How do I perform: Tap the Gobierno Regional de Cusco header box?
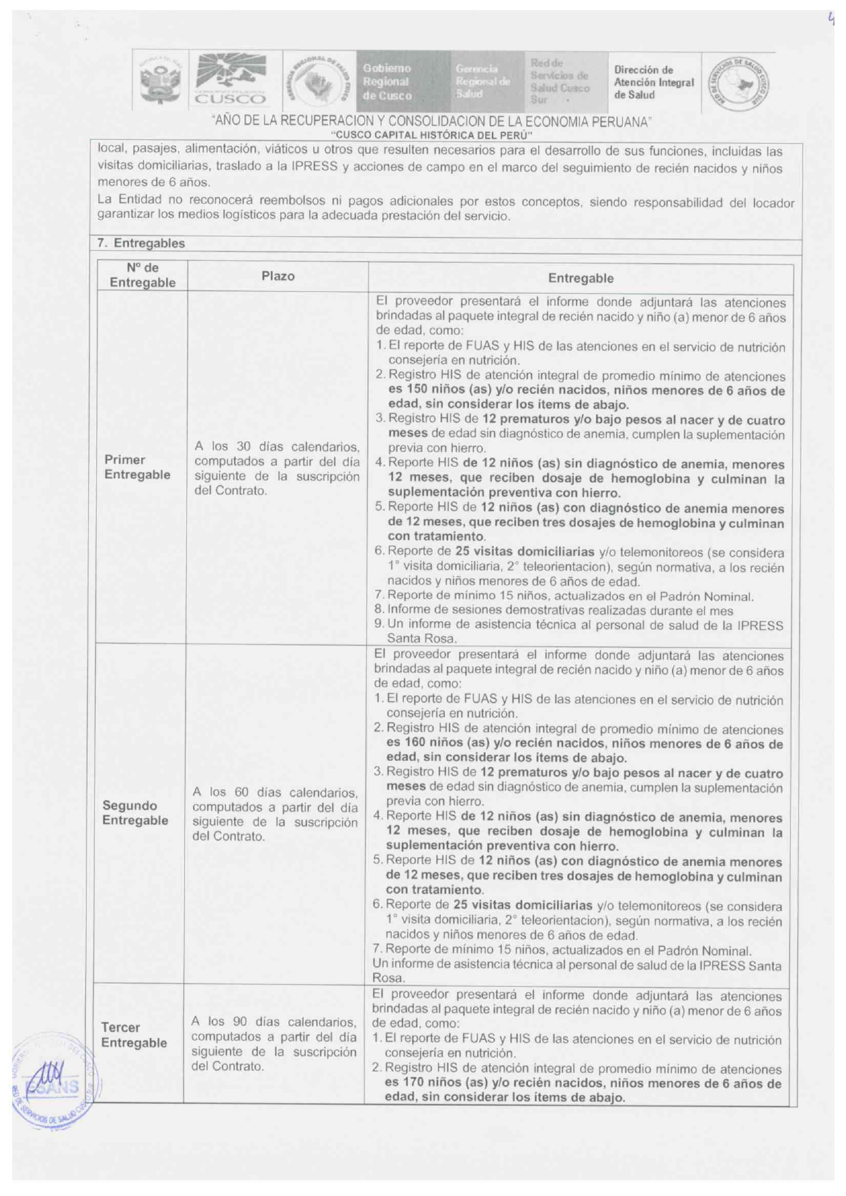coord(388,82)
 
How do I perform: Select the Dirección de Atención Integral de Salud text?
coord(653,82)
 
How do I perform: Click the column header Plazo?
coord(278,276)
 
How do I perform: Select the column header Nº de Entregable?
coord(143,275)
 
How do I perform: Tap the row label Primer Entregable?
coord(137,467)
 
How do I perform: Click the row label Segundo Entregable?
coord(135,813)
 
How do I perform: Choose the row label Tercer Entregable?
coord(134,1035)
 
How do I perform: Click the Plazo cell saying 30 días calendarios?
coord(277,468)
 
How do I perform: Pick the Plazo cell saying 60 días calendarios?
coord(275,814)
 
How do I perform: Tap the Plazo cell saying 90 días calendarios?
coord(274,1044)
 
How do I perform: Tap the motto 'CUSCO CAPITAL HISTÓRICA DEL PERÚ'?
coord(431,135)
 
